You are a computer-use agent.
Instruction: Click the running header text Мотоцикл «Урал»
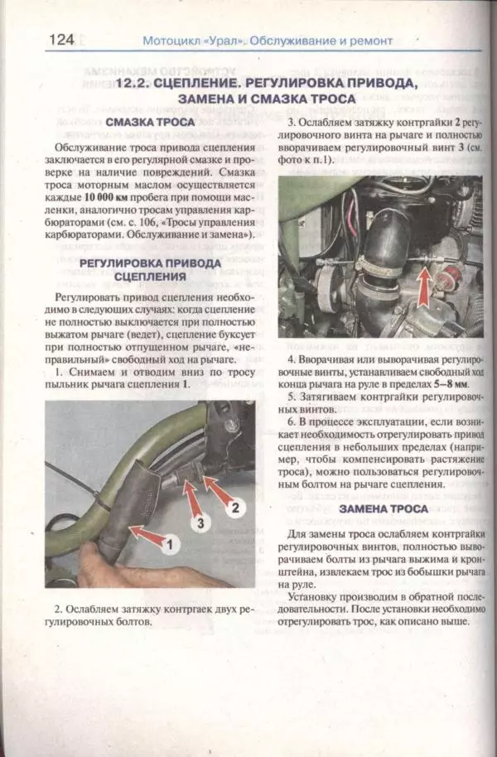click(193, 41)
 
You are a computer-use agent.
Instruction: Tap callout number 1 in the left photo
click(169, 545)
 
